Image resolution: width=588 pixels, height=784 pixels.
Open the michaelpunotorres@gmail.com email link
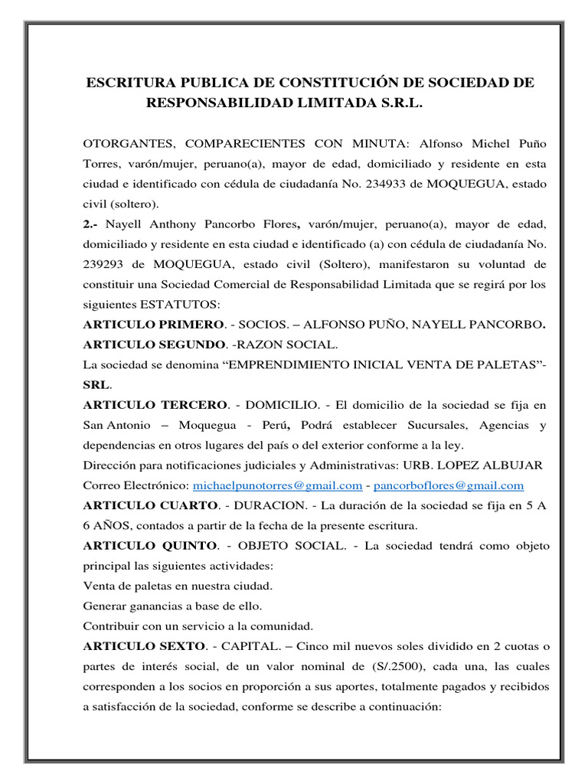point(277,485)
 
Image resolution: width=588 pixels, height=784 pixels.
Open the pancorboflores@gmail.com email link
point(449,485)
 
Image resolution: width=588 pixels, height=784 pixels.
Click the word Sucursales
point(429,423)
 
